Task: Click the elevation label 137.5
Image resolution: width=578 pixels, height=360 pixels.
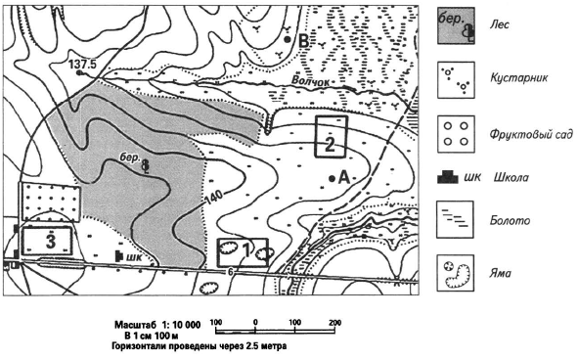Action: coord(82,65)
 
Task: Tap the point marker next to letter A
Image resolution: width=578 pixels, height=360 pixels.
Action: coord(332,178)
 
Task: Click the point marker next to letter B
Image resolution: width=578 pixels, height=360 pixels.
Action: coord(288,39)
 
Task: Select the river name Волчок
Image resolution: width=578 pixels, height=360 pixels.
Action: coord(310,81)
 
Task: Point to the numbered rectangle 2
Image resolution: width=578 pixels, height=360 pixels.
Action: coord(331,117)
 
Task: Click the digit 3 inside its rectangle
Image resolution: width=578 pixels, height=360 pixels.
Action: coord(51,242)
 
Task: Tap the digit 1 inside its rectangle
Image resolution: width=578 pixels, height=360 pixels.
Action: coord(246,250)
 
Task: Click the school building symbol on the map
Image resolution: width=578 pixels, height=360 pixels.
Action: coord(119,255)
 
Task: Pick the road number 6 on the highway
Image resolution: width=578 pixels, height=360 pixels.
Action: coord(231,273)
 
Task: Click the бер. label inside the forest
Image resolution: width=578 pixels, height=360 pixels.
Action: coord(130,157)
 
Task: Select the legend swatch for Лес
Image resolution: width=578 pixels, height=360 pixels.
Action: coord(456,25)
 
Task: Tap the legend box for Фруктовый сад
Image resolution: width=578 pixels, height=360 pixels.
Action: coord(456,134)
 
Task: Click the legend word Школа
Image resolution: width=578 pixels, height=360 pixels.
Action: coord(511,177)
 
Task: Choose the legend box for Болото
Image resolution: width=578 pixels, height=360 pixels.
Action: coord(455,219)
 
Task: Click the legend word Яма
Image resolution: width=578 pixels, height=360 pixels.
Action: coord(501,273)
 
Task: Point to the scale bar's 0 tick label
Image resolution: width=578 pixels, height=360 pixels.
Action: coord(255,322)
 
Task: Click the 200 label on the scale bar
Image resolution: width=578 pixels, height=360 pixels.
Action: coord(335,322)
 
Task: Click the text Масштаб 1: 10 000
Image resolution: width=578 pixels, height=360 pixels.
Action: coord(157,325)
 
